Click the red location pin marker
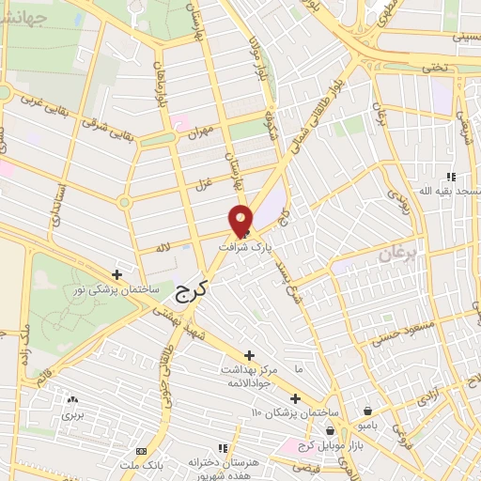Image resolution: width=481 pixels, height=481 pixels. pyautogui.click(x=240, y=220)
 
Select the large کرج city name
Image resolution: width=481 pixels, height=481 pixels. pyautogui.click(x=190, y=293)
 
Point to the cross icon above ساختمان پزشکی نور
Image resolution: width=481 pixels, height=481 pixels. pyautogui.click(x=116, y=275)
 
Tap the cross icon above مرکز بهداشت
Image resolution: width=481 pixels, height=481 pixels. pyautogui.click(x=249, y=355)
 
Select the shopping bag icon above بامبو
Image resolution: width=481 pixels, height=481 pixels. pyautogui.click(x=365, y=411)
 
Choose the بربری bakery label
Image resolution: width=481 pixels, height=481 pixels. pyautogui.click(x=72, y=413)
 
